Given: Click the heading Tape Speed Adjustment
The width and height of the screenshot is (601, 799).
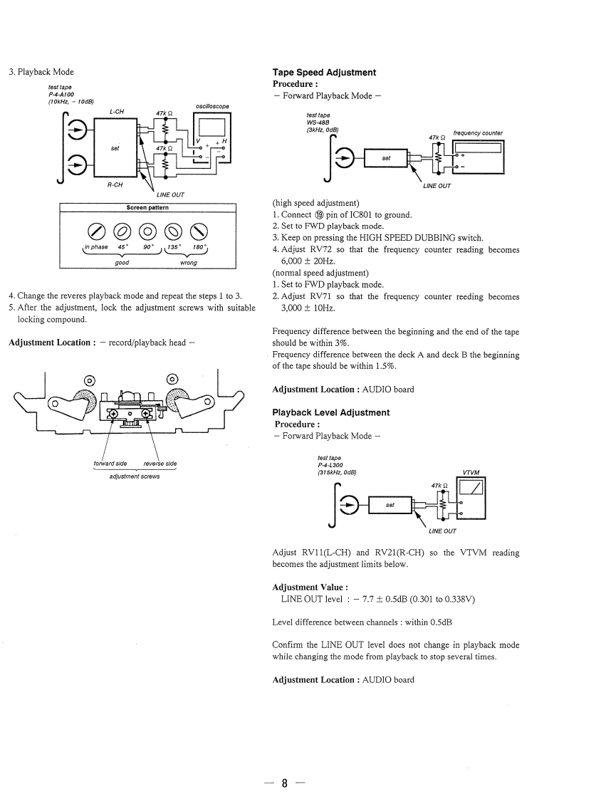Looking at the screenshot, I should [324, 73].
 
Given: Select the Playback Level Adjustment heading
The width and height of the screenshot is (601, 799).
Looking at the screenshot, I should [331, 413].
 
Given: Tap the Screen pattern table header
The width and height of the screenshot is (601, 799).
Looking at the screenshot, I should [147, 207].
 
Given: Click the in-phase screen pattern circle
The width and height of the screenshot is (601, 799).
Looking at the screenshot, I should [96, 230].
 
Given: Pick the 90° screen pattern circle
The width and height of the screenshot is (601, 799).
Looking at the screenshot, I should [147, 230].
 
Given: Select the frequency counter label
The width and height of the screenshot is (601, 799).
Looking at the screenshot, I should [477, 133].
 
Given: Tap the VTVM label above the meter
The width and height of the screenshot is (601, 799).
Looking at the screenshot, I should [471, 472].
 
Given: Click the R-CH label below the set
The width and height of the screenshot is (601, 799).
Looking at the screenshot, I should [115, 184].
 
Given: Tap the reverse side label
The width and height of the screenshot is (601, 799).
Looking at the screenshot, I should [160, 464].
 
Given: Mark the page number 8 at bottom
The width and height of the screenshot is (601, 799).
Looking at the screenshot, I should [283, 784].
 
